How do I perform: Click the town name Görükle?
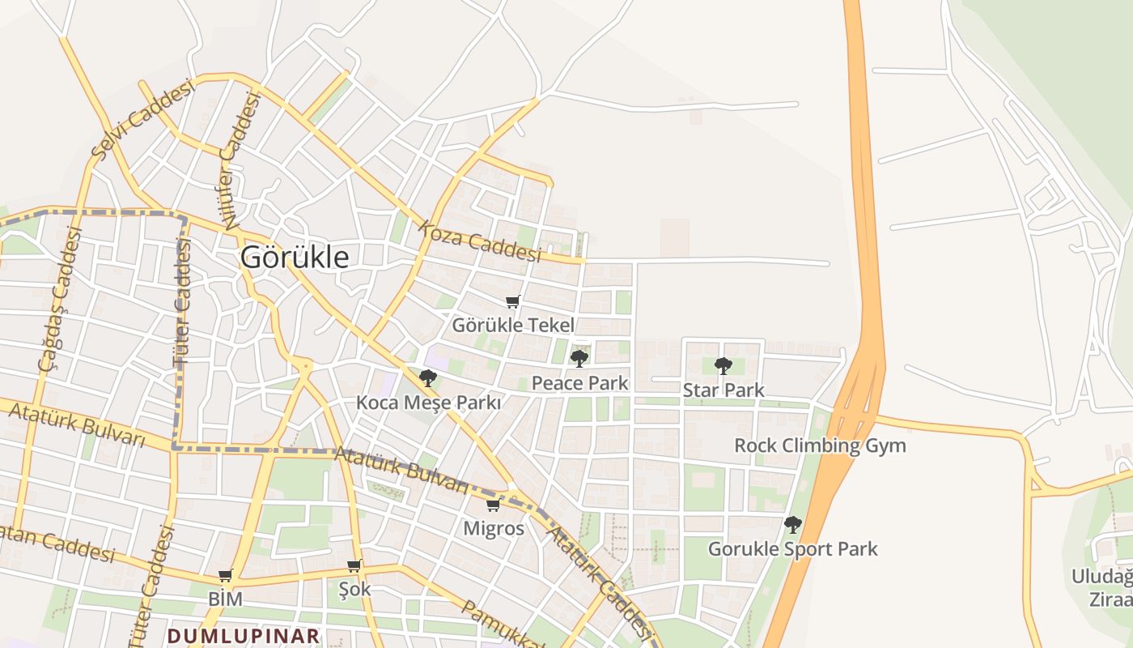point(295,258)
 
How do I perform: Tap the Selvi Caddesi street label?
point(144,119)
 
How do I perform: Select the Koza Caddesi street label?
point(480,241)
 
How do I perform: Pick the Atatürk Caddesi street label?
point(599,579)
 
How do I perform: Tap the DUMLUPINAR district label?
point(244,635)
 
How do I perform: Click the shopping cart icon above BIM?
point(225,576)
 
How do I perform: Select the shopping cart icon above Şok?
point(354,565)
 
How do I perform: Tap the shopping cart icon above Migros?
point(493,505)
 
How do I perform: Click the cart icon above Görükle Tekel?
point(512,302)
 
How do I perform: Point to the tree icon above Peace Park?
point(579,358)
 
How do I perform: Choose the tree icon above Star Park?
point(724,365)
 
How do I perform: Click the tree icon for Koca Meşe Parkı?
point(428,377)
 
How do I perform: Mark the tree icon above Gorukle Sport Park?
point(793,524)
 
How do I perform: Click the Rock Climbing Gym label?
point(820,446)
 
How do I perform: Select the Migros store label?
point(494,529)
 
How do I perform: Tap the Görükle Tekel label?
point(513,326)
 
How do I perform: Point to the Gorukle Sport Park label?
point(793,549)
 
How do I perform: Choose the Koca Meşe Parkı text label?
point(429,403)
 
